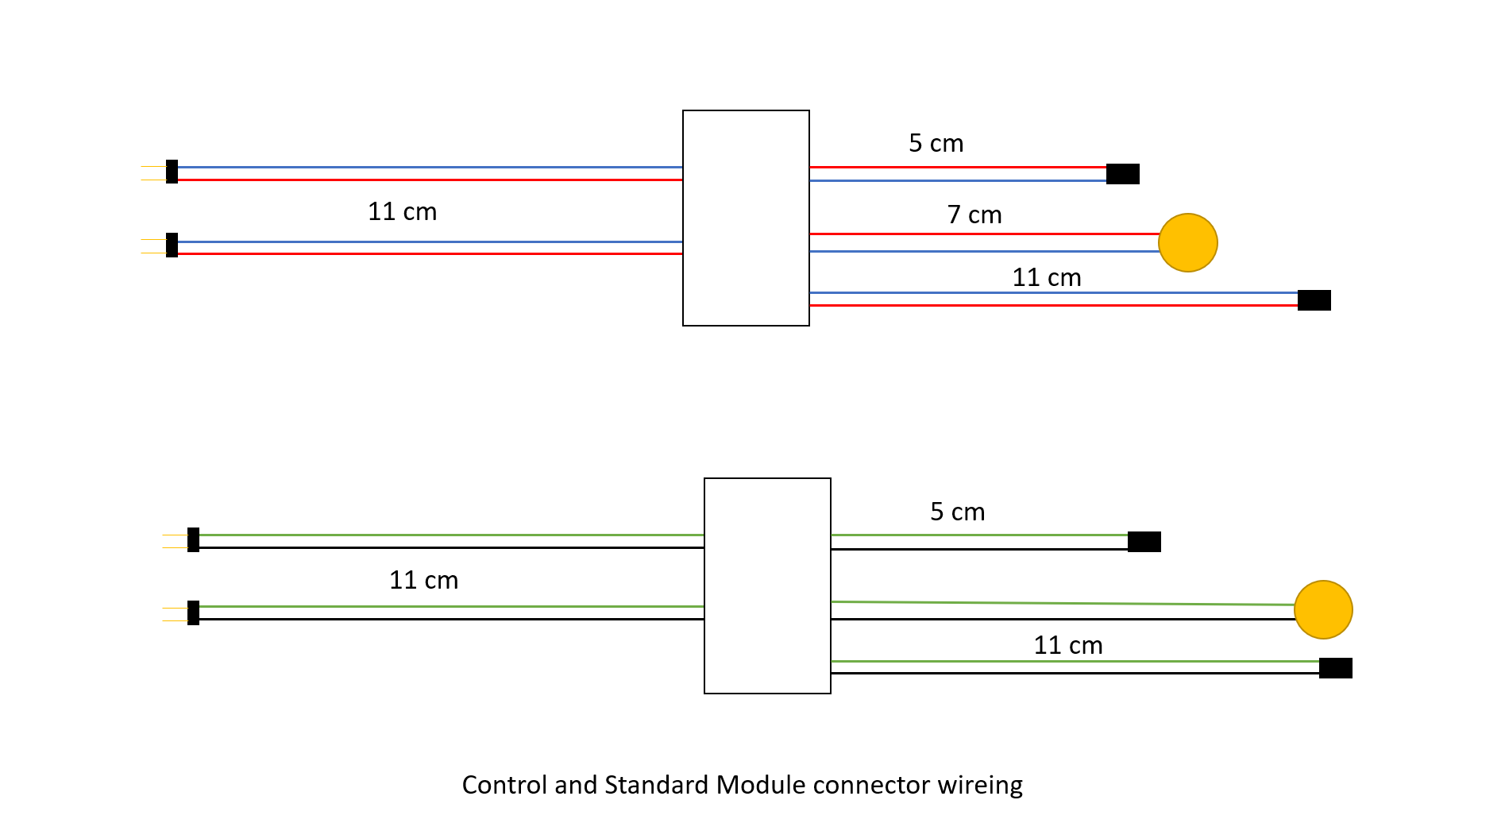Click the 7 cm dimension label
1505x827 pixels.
[974, 214]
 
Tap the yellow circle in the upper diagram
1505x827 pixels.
[1187, 242]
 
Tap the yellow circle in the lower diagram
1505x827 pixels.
[1322, 609]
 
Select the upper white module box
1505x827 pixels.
[746, 218]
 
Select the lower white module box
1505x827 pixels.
[767, 585]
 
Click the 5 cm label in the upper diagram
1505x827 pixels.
[936, 143]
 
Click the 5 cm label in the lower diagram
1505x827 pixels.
[957, 512]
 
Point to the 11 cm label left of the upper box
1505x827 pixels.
[402, 211]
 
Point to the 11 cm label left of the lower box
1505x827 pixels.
[423, 580]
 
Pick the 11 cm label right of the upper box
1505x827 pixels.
[1046, 277]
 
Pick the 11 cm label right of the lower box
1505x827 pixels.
[1067, 645]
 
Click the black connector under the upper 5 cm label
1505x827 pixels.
[1122, 174]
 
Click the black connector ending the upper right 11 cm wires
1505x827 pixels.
[1314, 300]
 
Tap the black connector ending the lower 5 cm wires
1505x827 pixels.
[1144, 542]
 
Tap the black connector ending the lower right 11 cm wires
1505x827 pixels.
[1335, 668]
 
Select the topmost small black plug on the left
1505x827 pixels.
[172, 172]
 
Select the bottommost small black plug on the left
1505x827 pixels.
[193, 613]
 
